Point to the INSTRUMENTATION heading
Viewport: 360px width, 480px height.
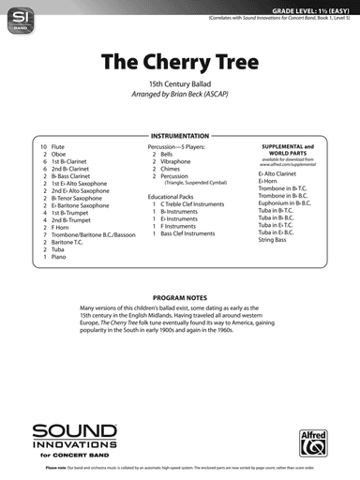coord(180,136)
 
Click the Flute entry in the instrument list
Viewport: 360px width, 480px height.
coord(61,148)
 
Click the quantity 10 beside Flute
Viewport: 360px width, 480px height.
coord(43,148)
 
